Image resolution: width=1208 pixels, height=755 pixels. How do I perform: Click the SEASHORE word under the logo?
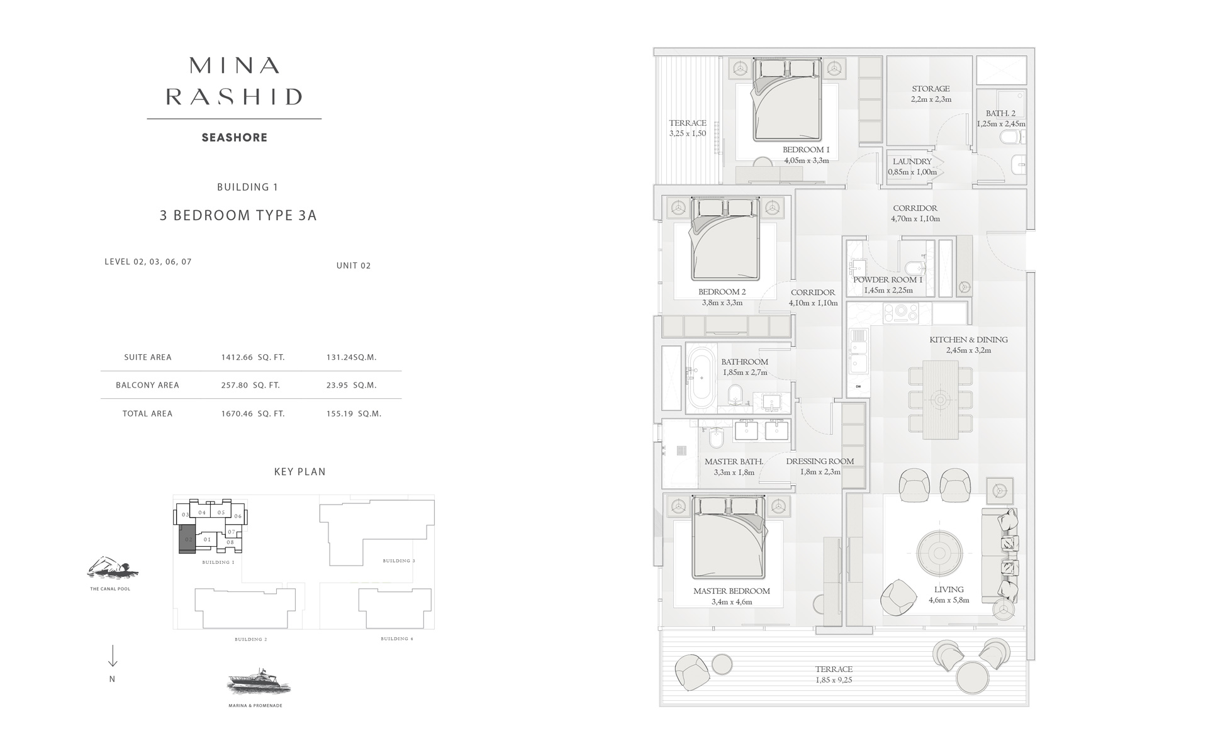click(234, 138)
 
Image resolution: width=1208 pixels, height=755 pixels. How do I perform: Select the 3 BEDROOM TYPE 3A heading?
click(238, 215)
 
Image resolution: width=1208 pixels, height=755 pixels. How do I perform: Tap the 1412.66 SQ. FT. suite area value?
click(253, 357)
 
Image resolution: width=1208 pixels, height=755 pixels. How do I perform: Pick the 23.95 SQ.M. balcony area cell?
click(351, 385)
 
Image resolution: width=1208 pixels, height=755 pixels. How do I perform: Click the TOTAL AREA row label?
click(147, 413)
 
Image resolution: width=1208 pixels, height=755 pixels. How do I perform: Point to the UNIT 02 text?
click(354, 266)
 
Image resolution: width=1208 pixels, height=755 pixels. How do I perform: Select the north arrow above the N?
click(113, 656)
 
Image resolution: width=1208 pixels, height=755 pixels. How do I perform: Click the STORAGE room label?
click(931, 89)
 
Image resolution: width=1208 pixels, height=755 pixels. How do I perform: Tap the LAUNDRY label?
click(912, 162)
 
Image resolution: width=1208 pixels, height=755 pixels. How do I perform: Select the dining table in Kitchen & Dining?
click(941, 400)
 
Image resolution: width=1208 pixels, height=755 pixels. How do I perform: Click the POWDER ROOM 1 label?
click(887, 279)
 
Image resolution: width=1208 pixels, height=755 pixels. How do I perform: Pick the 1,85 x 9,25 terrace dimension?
click(834, 680)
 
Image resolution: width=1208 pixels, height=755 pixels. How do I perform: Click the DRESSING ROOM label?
click(820, 461)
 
